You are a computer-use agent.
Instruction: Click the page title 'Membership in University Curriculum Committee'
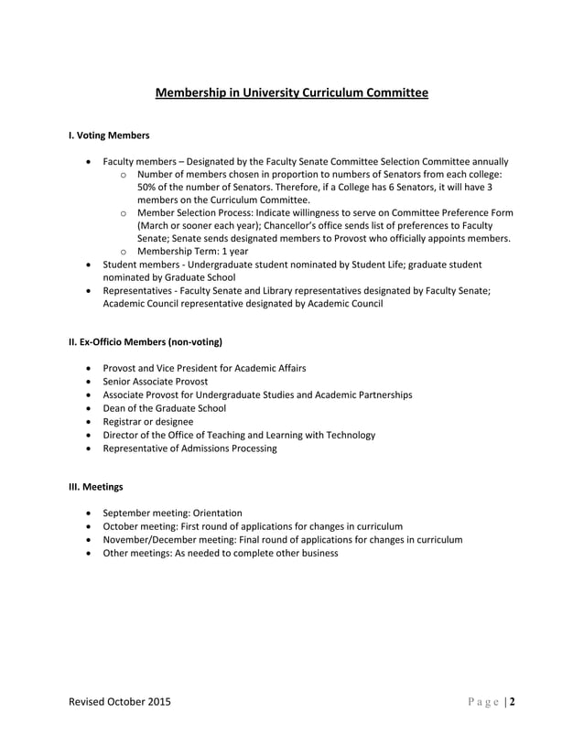[291, 93]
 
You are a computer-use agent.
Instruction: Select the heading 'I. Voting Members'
[109, 135]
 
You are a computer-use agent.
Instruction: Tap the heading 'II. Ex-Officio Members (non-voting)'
[146, 342]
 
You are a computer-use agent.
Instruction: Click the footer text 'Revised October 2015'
[119, 703]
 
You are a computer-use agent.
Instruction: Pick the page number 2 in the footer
[513, 703]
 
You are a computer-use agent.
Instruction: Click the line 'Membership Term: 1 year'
[192, 251]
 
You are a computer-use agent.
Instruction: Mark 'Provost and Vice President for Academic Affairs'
[204, 368]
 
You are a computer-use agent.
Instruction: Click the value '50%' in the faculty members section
[149, 187]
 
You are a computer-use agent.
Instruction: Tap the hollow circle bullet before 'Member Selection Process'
[124, 212]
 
